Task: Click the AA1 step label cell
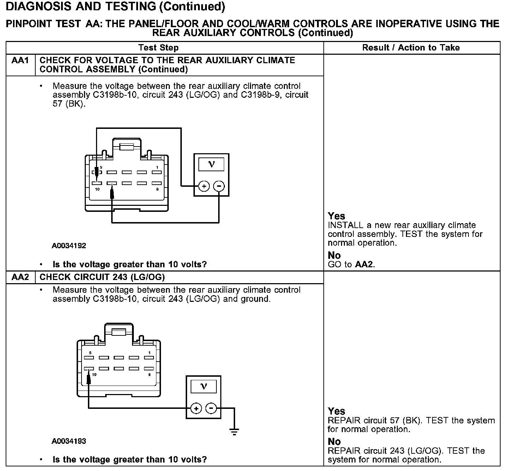point(20,61)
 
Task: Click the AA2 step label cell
point(20,277)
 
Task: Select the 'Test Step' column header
point(159,48)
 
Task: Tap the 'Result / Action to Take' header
point(411,48)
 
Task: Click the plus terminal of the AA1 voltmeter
point(204,186)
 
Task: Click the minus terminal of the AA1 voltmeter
point(219,186)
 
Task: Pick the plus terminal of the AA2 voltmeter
point(196,409)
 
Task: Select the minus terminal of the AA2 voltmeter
point(211,409)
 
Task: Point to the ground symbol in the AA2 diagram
point(234,431)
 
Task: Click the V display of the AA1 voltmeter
point(211,165)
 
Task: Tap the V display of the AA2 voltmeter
point(204,387)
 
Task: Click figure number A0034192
point(69,246)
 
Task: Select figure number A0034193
point(69,441)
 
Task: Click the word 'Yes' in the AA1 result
point(336,216)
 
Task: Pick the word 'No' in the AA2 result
point(334,442)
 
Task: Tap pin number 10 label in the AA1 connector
point(97,189)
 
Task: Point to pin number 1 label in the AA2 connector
point(149,353)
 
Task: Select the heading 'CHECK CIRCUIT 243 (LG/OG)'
point(102,277)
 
